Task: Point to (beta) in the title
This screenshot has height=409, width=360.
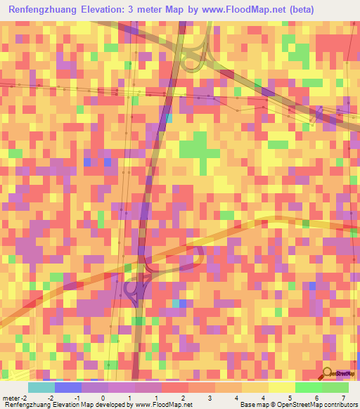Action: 297,10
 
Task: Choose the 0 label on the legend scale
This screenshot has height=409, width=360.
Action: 103,398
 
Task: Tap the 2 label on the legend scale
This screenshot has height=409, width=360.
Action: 182,398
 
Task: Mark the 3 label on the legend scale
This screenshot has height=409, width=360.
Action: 209,398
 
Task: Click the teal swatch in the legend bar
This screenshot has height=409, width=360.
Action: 41,387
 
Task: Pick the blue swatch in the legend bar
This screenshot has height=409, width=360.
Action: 68,387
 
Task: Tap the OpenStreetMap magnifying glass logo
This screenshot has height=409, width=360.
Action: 327,374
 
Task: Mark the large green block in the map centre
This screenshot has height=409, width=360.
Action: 198,148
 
